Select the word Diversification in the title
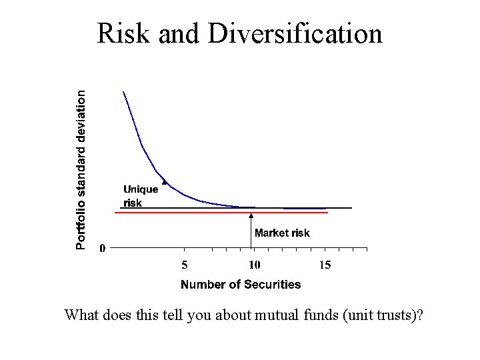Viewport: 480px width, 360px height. (295, 34)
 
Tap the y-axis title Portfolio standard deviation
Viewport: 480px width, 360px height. (80, 170)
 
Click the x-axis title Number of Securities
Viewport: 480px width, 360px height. (241, 285)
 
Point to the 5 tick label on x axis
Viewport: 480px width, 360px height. (185, 265)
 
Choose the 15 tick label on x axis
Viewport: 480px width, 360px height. (324, 265)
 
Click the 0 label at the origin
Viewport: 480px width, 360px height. (102, 249)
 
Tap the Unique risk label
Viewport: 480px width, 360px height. (140, 196)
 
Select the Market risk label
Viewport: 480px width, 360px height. (282, 233)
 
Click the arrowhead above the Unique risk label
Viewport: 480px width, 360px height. (164, 182)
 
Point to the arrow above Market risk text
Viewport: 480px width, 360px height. (251, 215)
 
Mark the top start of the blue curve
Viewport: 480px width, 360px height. (123, 91)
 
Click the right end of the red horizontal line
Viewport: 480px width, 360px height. (328, 213)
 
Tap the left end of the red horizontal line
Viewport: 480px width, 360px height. (115, 213)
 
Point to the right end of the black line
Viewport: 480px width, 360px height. (351, 208)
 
